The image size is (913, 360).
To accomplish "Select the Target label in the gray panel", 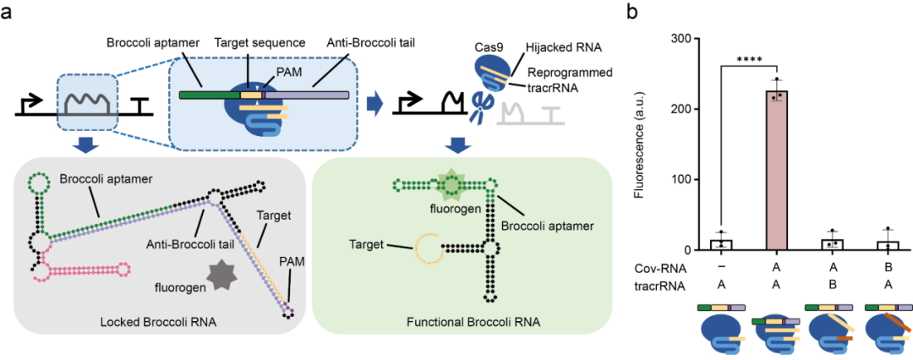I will coord(274,215).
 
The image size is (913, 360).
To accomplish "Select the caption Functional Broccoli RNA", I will coord(461,322).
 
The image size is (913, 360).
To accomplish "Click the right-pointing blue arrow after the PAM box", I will coord(374,104).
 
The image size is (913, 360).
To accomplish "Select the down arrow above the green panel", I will coord(458,145).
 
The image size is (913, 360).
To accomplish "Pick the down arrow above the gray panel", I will coord(85,145).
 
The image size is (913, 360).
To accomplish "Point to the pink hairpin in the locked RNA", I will coord(85,270).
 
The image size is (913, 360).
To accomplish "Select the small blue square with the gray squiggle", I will coord(85,102).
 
